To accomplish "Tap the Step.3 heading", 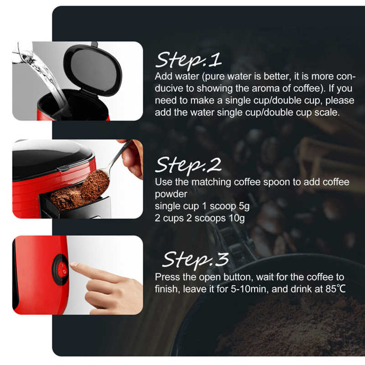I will pyautogui.click(x=195, y=260).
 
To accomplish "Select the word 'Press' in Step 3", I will pyautogui.click(x=166, y=277).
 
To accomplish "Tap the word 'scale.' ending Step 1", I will pyautogui.click(x=327, y=112).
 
